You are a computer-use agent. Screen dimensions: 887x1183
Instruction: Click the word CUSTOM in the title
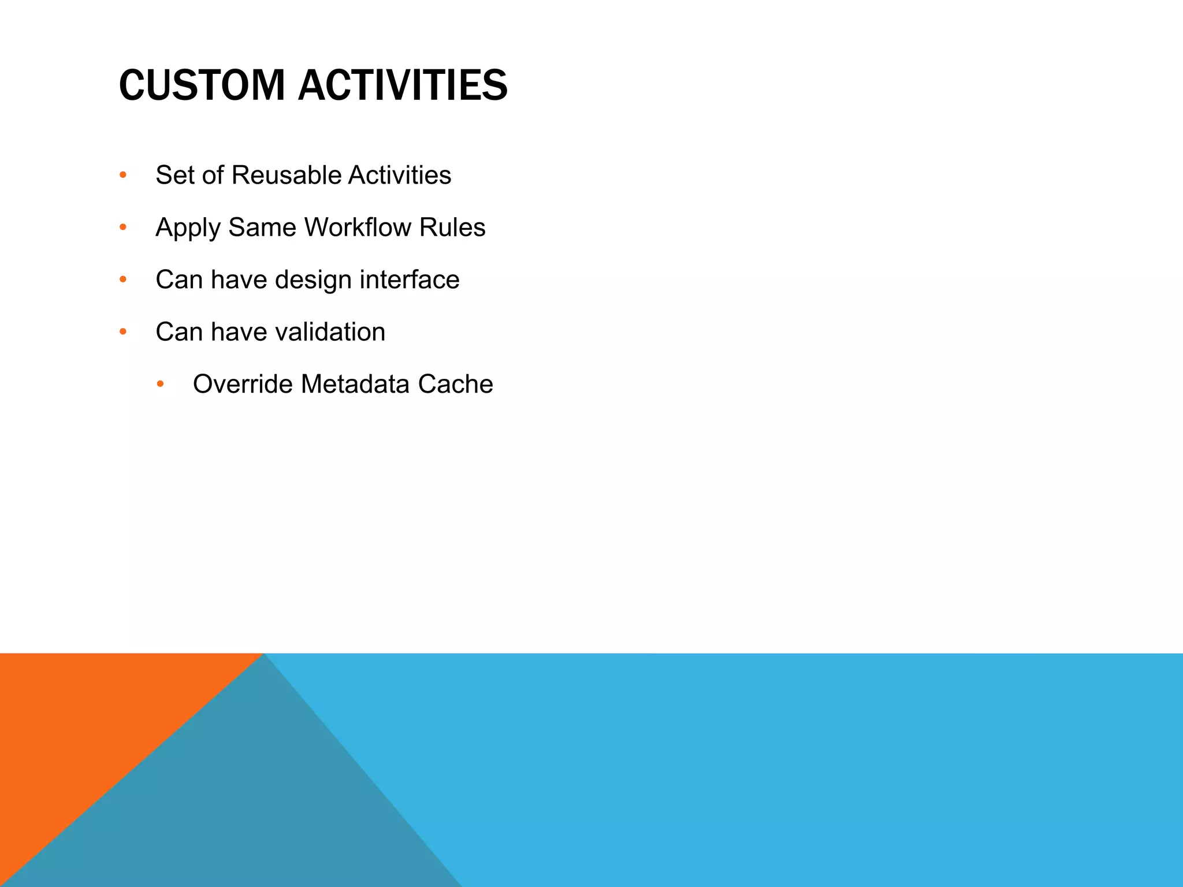point(202,85)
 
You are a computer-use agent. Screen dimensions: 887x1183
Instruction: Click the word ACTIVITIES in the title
point(403,85)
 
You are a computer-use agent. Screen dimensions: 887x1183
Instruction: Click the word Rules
point(452,227)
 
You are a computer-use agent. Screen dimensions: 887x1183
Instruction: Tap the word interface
point(410,279)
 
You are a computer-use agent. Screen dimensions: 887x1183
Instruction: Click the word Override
point(243,384)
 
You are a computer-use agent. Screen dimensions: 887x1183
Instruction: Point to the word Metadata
point(355,384)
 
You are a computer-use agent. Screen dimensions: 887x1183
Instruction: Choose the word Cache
point(455,384)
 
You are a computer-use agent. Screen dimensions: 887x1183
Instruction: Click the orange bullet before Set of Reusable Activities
point(122,175)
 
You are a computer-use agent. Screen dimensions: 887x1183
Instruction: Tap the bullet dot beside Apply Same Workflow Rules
point(122,228)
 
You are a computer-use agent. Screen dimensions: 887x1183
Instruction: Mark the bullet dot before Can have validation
point(122,332)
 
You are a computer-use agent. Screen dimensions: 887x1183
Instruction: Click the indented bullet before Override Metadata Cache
point(160,384)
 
